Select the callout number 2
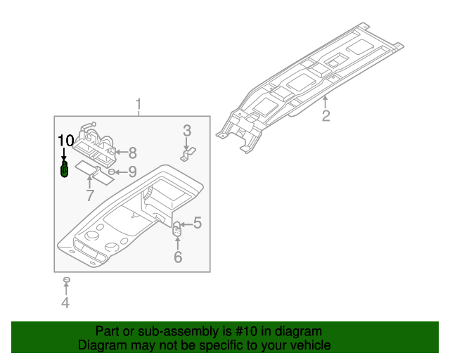click(x=326, y=116)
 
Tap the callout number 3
click(x=187, y=130)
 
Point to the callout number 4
click(x=65, y=303)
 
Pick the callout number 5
click(x=198, y=223)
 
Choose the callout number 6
click(x=178, y=257)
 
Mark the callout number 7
click(x=89, y=195)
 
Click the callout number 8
click(x=131, y=151)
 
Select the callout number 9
click(x=131, y=171)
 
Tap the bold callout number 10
click(x=65, y=139)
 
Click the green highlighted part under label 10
click(x=65, y=169)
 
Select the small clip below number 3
click(x=188, y=153)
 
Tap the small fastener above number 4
click(x=65, y=280)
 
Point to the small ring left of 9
click(x=112, y=171)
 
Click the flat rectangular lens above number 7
click(x=93, y=171)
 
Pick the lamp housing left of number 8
click(x=97, y=142)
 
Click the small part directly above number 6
click(x=177, y=229)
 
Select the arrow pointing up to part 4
click(x=65, y=290)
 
